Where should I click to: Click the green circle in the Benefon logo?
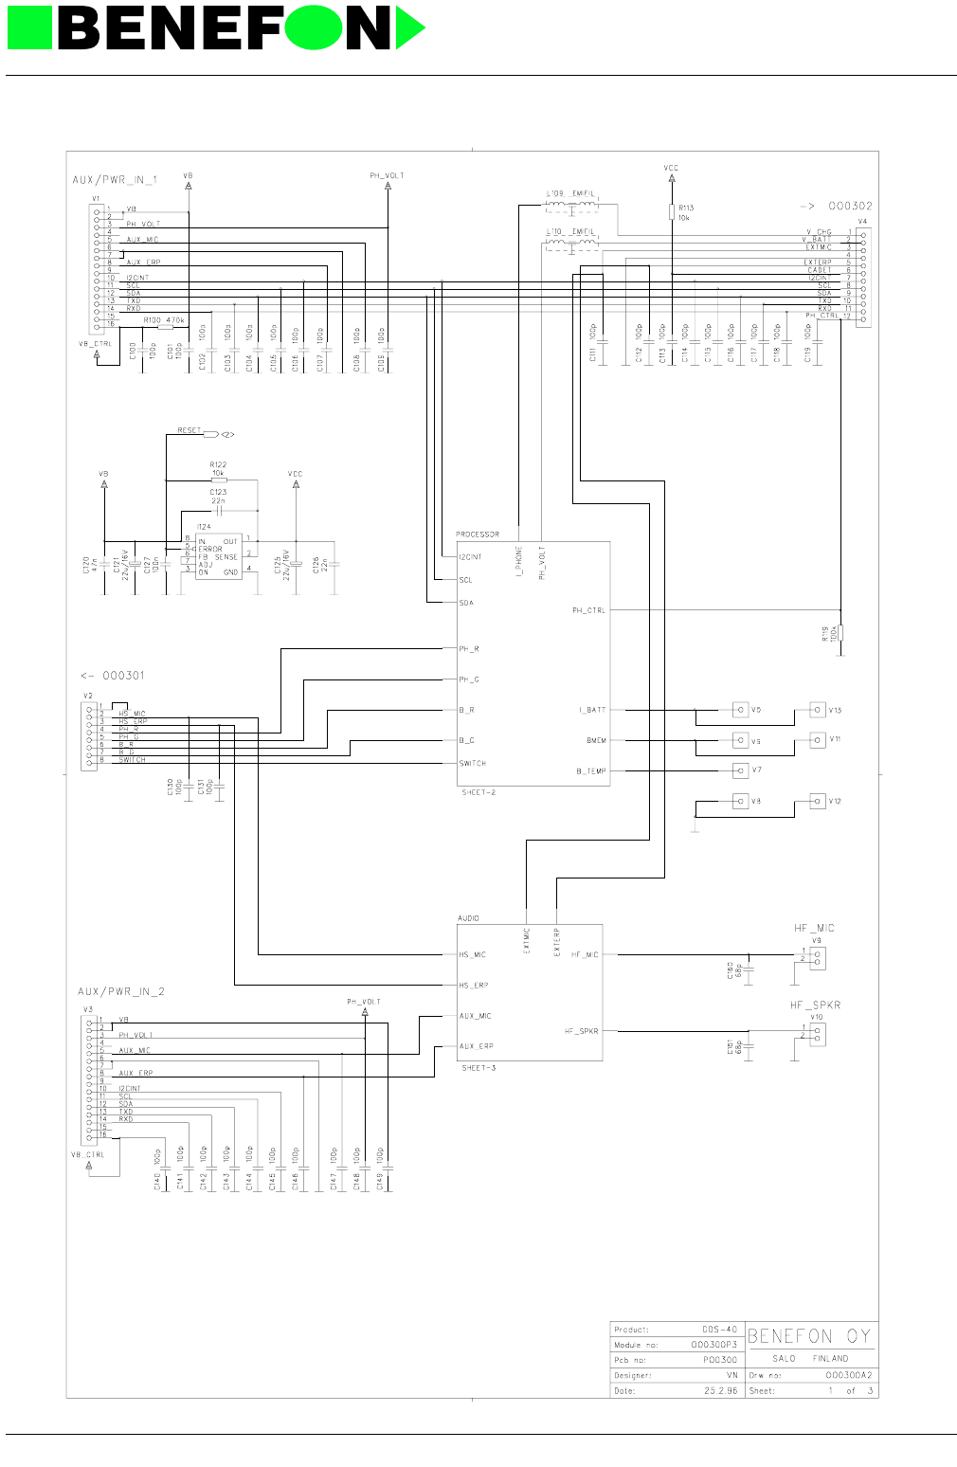pyautogui.click(x=313, y=28)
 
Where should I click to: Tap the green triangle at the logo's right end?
pyautogui.click(x=407, y=28)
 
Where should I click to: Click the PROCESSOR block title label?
pyautogui.click(x=478, y=534)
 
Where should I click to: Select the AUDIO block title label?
pyautogui.click(x=469, y=918)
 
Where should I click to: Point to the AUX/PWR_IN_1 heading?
pyautogui.click(x=116, y=180)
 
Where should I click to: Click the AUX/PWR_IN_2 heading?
pyautogui.click(x=121, y=991)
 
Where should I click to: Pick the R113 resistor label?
pyautogui.click(x=686, y=208)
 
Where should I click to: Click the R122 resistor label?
pyautogui.click(x=218, y=464)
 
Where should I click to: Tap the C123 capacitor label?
pyautogui.click(x=218, y=492)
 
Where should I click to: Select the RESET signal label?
pyautogui.click(x=190, y=430)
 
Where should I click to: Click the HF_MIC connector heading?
pyautogui.click(x=814, y=928)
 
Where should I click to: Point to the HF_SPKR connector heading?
pyautogui.click(x=815, y=1005)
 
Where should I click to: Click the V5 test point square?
pyautogui.click(x=740, y=710)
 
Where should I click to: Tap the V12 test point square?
pyautogui.click(x=818, y=802)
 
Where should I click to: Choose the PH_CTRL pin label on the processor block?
pyautogui.click(x=588, y=610)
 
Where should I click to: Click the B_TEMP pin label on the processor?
pyautogui.click(x=591, y=771)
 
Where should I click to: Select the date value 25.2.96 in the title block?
pyautogui.click(x=720, y=1390)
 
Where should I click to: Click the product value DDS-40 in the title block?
pyautogui.click(x=719, y=1329)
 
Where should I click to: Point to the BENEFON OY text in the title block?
pyautogui.click(x=809, y=1336)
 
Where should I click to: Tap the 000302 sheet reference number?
pyautogui.click(x=850, y=206)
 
